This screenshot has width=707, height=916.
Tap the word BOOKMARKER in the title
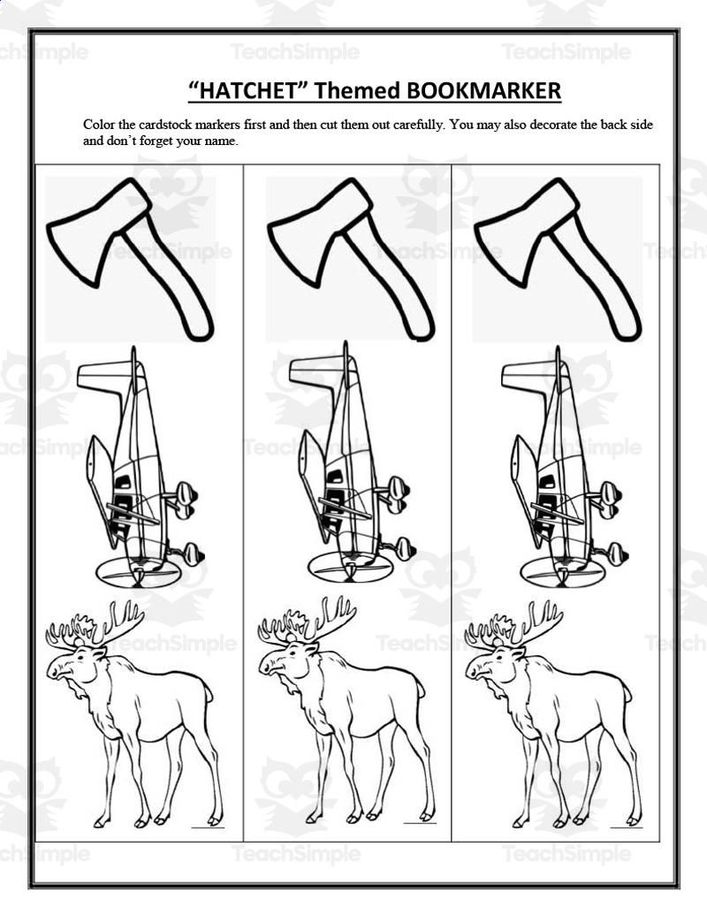click(483, 90)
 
